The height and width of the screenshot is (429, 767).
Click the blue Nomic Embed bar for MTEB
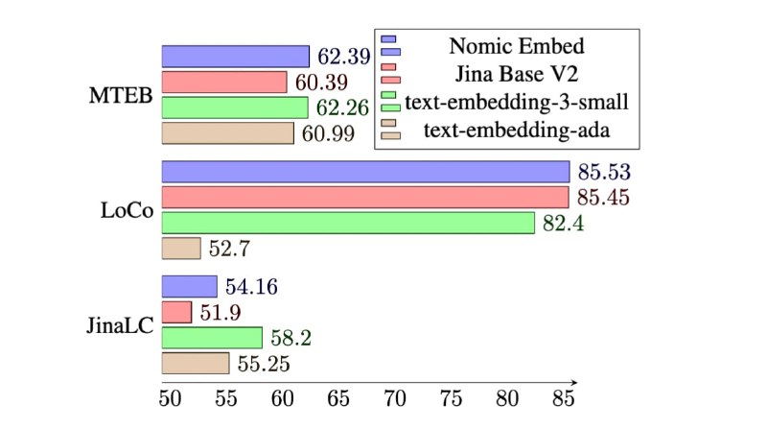click(235, 57)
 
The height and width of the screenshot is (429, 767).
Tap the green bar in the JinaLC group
click(212, 338)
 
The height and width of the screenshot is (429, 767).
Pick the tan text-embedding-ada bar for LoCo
click(181, 249)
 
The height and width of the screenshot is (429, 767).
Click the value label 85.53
click(603, 173)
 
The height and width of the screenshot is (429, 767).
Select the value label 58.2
click(289, 338)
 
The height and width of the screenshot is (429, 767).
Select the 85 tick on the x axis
click(564, 396)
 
